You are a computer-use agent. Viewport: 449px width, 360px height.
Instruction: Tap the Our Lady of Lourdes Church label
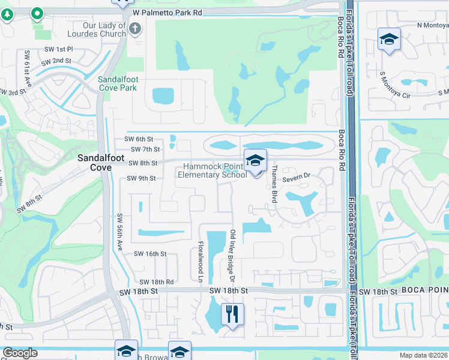[x=104, y=30]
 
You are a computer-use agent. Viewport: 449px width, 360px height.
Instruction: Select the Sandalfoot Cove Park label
[x=118, y=83]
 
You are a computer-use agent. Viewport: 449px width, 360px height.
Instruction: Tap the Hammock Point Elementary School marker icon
[x=255, y=160]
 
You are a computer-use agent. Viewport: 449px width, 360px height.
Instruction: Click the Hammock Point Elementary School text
[x=212, y=171]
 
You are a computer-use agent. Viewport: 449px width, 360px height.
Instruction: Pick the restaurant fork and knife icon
[x=232, y=314]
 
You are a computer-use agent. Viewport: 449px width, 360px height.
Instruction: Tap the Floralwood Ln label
[x=200, y=263]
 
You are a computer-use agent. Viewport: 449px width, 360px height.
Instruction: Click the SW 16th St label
[x=150, y=254]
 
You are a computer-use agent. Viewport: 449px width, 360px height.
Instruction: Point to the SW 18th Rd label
[x=156, y=282]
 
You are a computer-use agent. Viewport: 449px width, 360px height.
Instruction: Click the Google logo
[x=20, y=353]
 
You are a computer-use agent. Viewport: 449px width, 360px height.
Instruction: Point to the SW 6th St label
[x=139, y=139]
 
